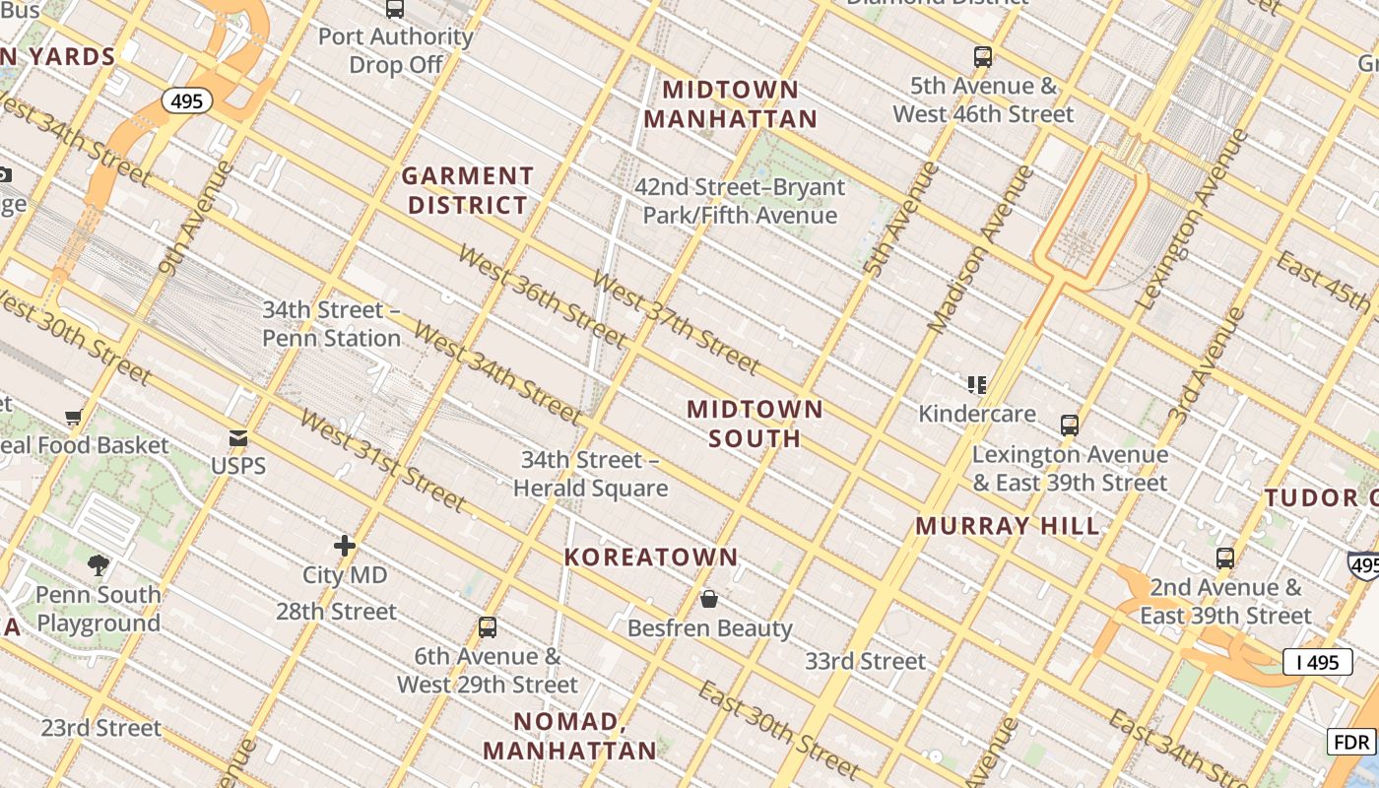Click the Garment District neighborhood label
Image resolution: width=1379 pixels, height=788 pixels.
(x=468, y=191)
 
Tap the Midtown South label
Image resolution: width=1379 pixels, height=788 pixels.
(x=755, y=424)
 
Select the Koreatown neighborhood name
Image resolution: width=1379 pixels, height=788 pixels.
(x=651, y=558)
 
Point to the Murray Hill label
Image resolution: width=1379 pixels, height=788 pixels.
(x=1008, y=526)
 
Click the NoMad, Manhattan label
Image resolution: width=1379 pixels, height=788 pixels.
(x=569, y=736)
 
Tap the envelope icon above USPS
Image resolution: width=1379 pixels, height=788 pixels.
(x=238, y=438)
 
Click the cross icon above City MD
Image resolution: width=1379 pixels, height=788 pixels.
(x=345, y=546)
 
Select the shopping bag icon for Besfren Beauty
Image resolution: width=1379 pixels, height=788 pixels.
(x=709, y=599)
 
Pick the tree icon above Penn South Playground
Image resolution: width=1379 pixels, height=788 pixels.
(x=98, y=565)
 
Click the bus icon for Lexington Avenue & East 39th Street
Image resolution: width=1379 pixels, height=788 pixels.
(x=1070, y=426)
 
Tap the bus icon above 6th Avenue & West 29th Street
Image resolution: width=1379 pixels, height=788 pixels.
(x=487, y=627)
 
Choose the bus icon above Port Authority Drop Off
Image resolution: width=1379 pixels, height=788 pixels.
(x=395, y=9)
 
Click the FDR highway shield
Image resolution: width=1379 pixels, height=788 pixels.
(x=1350, y=742)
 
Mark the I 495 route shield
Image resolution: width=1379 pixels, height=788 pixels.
(x=1317, y=662)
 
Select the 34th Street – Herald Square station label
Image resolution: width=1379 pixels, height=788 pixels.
(x=590, y=474)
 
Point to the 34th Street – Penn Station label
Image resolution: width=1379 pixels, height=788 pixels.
(x=331, y=324)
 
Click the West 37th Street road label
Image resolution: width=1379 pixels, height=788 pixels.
(x=675, y=322)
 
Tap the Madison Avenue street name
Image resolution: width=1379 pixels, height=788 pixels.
(x=981, y=249)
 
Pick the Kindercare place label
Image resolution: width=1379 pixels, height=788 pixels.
(x=977, y=414)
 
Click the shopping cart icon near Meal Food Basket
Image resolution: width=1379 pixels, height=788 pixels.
(x=73, y=418)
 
